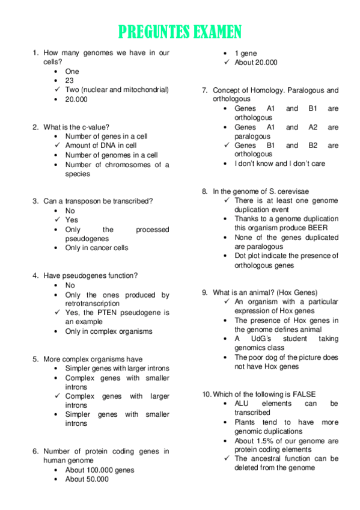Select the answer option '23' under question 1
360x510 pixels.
(x=69, y=81)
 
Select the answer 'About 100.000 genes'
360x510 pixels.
(x=100, y=470)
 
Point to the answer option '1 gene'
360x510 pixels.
(x=246, y=53)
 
